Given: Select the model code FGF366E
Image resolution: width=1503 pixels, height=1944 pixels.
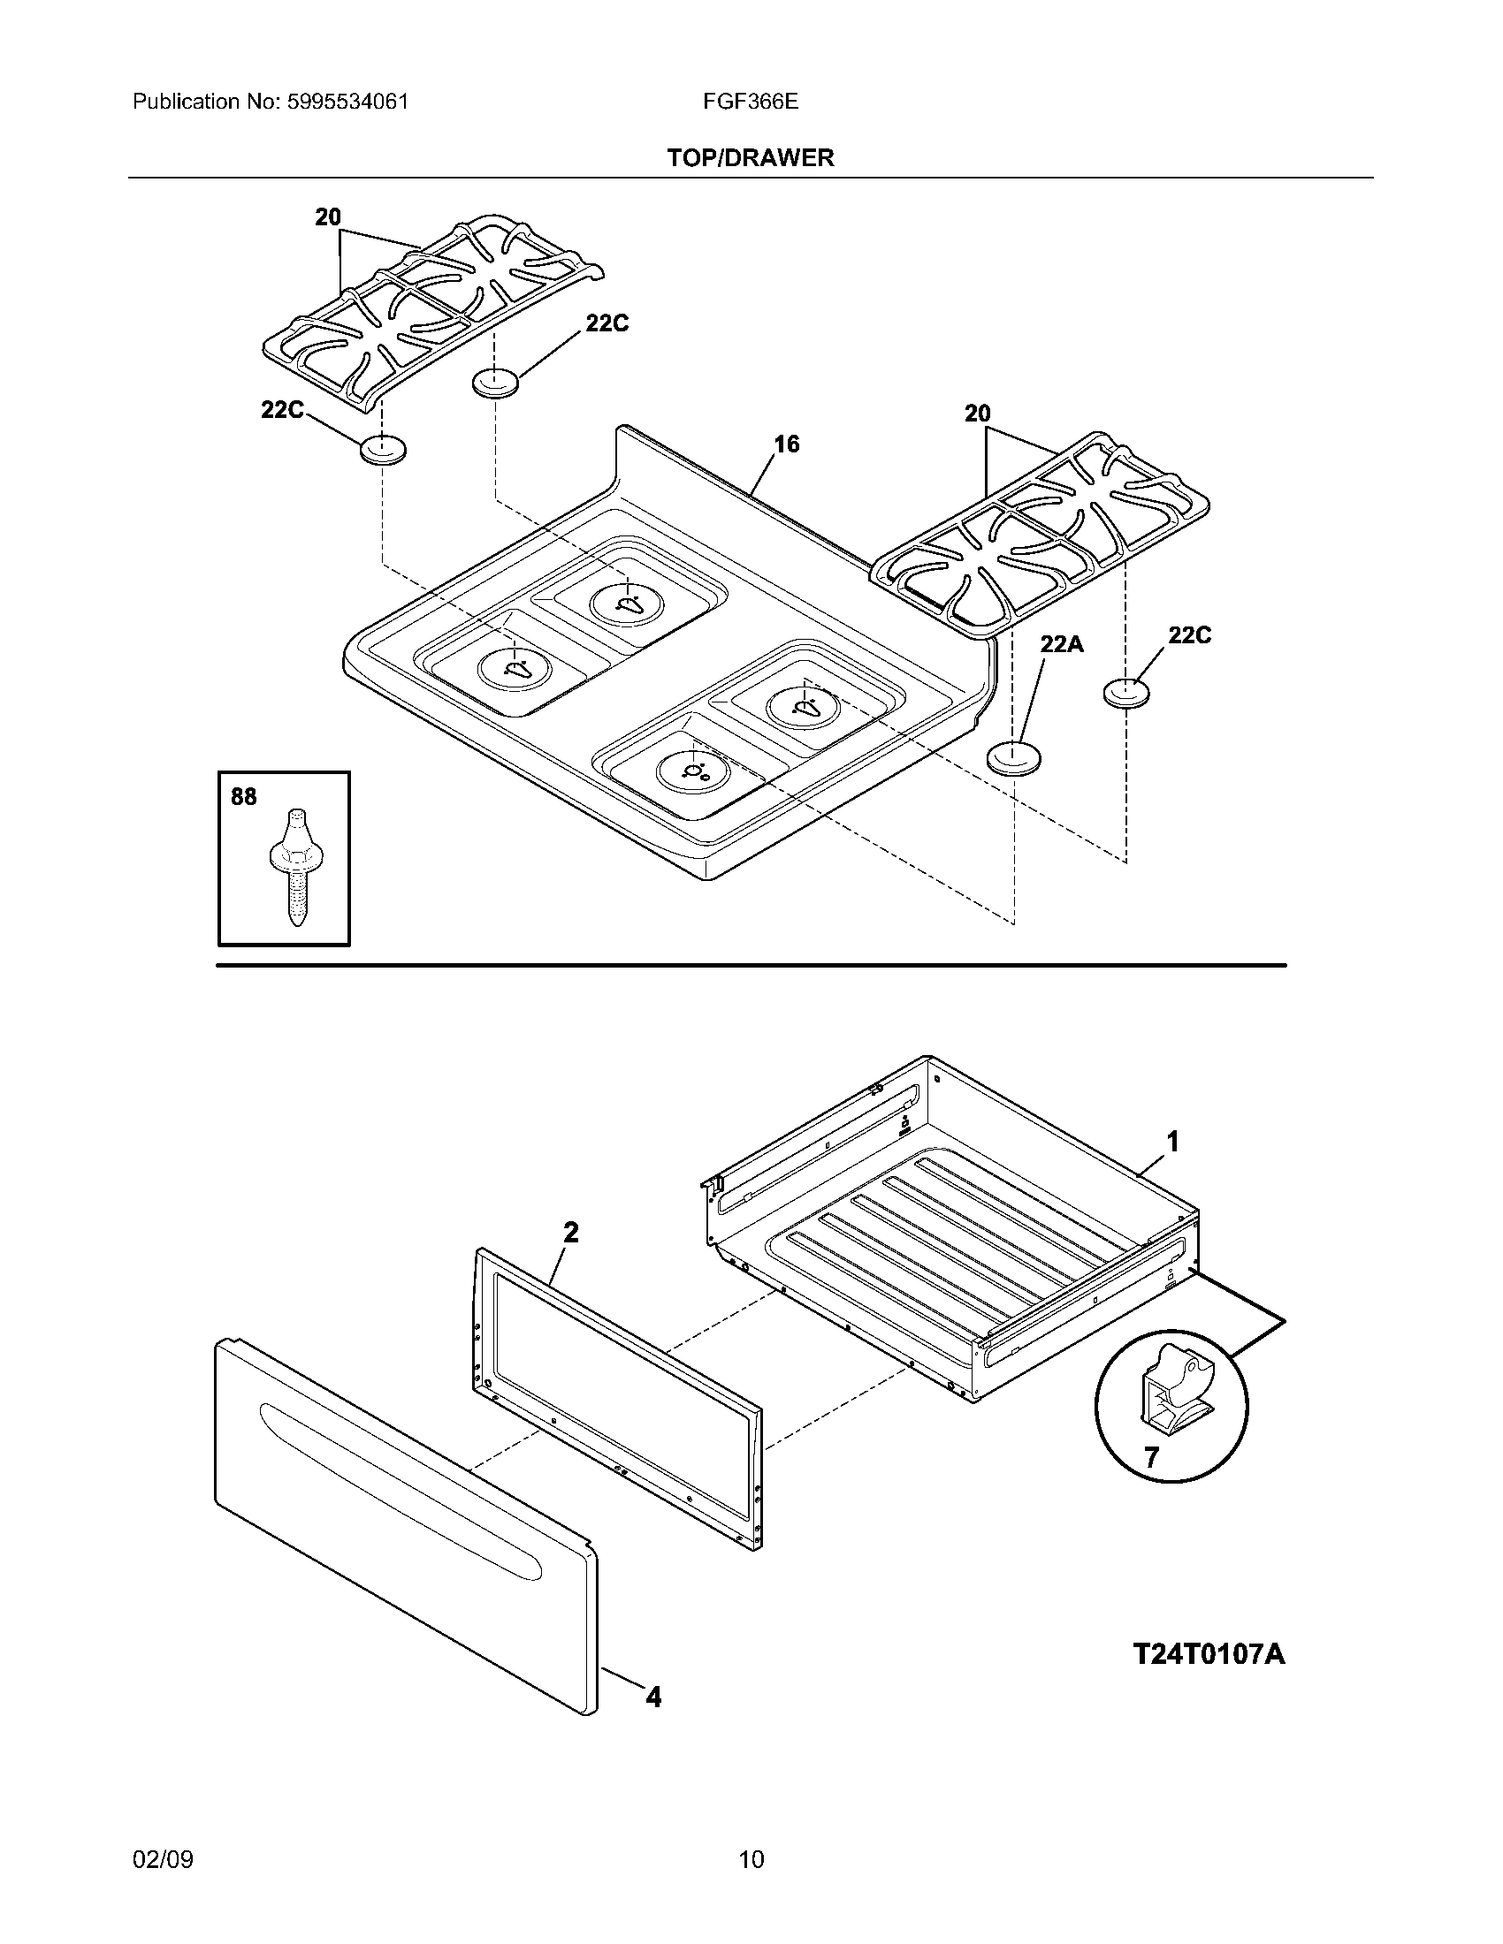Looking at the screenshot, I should pos(750,102).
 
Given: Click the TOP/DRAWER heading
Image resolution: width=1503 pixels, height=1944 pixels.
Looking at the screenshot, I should pos(751,158).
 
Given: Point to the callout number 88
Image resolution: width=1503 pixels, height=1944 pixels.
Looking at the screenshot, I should pos(243,797).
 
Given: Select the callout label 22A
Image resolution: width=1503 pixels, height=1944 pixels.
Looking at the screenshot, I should pos(1061,643).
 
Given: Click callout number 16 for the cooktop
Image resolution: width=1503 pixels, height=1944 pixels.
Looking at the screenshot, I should pos(786,444).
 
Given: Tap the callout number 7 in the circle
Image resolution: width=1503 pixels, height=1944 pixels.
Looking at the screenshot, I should pos(1151,1458).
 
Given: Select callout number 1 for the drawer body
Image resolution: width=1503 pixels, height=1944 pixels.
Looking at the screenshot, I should pos(1172,1141).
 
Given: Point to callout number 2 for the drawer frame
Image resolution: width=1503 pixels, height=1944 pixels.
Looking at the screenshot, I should pos(571,1232).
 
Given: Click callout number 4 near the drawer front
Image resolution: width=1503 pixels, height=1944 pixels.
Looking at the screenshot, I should pos(653,1698).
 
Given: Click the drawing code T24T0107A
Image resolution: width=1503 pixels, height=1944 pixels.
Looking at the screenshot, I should pos(1209,1654).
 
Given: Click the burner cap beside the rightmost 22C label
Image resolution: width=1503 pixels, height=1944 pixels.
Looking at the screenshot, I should pos(1125,693).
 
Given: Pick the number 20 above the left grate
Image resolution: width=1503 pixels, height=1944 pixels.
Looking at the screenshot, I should pos(328,216).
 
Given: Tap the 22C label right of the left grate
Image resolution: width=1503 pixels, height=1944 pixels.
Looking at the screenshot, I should pos(607,324).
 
